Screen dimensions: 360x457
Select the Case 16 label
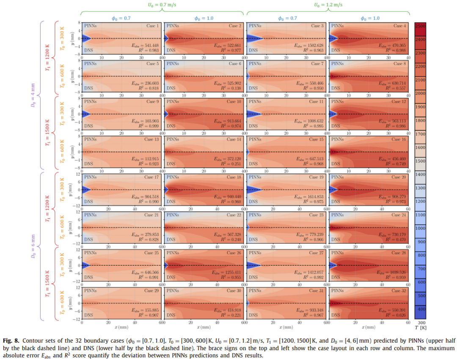click(x=399, y=139)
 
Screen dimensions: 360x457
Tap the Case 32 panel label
click(x=399, y=291)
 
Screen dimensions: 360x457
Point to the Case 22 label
click(x=235, y=215)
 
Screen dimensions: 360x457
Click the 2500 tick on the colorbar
click(x=421, y=26)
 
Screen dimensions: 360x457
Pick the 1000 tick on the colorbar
click(x=421, y=228)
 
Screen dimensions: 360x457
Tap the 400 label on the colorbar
click(x=421, y=309)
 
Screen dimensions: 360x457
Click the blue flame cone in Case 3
click(x=254, y=38)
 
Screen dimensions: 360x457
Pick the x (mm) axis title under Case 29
click(x=122, y=327)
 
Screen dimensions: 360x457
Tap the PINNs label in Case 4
click(x=337, y=26)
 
